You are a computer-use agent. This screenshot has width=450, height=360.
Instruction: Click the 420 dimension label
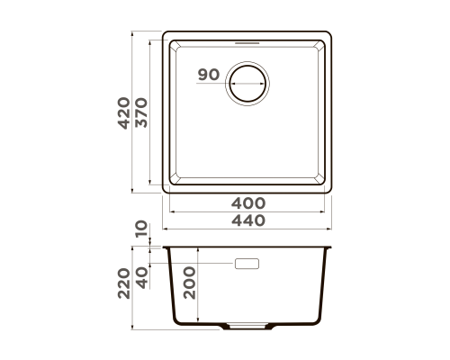pyautogui.click(x=123, y=113)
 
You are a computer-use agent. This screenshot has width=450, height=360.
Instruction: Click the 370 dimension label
pyautogui.click(x=141, y=113)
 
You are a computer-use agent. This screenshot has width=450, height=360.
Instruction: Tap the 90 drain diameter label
pyautogui.click(x=209, y=75)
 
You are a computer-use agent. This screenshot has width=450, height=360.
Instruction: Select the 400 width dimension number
pyautogui.click(x=248, y=203)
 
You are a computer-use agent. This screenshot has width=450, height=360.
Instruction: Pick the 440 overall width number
pyautogui.click(x=248, y=220)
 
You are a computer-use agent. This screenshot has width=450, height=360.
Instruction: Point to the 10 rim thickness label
pyautogui.click(x=141, y=229)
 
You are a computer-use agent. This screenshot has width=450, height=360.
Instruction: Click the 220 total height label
pyautogui.click(x=123, y=283)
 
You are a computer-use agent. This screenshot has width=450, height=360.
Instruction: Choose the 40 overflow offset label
pyautogui.click(x=141, y=277)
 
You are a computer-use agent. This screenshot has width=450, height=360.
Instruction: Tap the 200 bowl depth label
pyautogui.click(x=189, y=283)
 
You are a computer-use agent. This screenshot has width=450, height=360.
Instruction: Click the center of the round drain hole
pyautogui.click(x=247, y=84)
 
